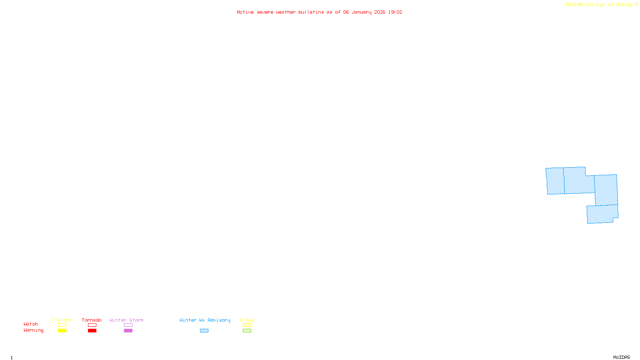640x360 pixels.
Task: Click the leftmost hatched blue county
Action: tap(555, 181)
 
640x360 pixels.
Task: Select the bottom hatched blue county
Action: tap(601, 214)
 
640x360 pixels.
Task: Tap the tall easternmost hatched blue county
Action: tap(606, 190)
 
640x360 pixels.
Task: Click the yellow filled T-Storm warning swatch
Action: tap(62, 331)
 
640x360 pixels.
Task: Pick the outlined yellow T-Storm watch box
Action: tap(62, 325)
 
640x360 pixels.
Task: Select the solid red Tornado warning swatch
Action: tap(92, 331)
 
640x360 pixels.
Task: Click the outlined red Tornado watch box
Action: tap(92, 325)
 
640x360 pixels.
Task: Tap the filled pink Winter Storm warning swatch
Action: tap(128, 331)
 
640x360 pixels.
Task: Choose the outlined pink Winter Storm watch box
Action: tap(128, 325)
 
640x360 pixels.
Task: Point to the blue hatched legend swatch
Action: tap(204, 331)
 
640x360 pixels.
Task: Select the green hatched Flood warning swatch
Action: tap(247, 331)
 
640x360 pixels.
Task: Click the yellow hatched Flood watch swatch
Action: tap(247, 325)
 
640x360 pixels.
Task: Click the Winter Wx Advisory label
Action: tap(205, 320)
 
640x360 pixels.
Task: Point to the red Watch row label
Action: tap(31, 324)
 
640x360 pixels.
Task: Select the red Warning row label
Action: tap(33, 330)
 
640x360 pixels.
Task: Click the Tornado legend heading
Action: tap(92, 320)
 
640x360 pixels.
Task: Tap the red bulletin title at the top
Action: tap(319, 12)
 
